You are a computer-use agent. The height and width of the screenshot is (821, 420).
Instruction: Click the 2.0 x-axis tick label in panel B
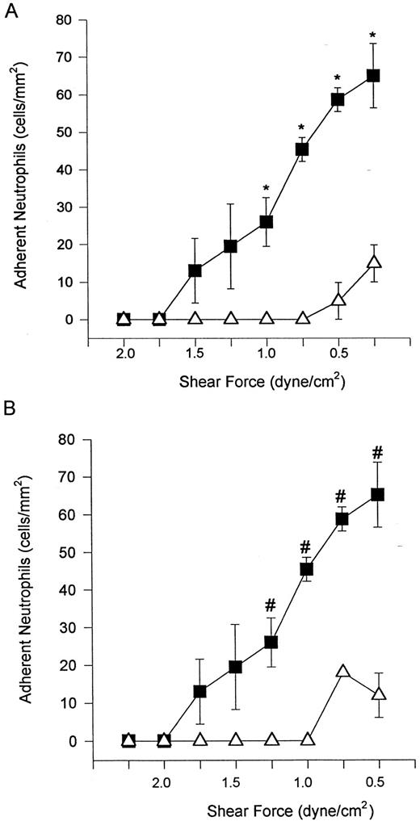point(164,781)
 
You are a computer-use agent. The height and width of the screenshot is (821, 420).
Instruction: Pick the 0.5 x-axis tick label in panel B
point(378,781)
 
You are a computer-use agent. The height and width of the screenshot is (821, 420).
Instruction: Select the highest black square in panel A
point(373,75)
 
